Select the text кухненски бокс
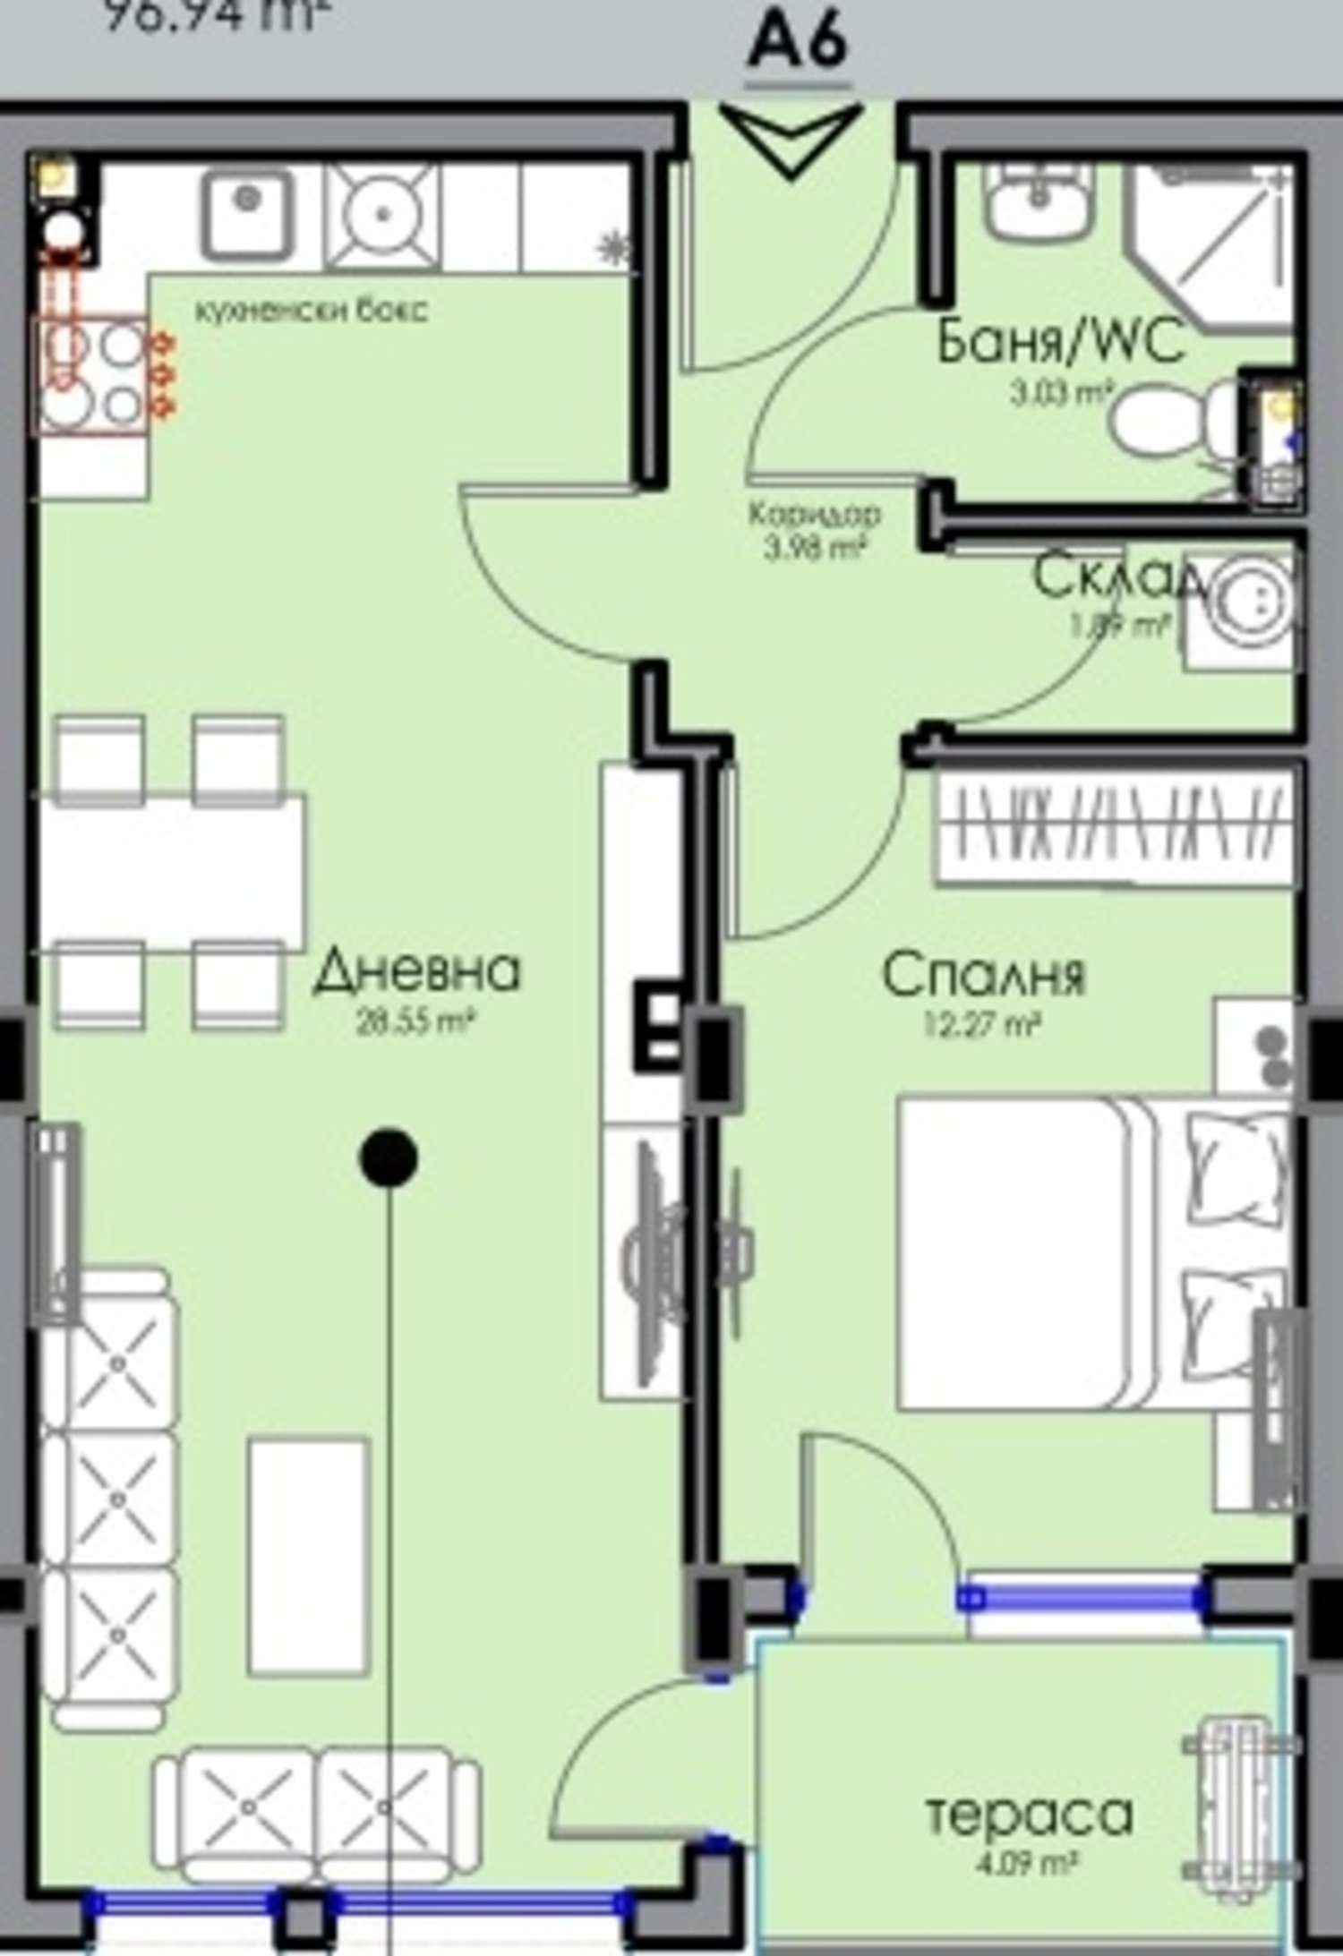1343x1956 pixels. [x=312, y=311]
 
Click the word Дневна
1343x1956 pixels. [x=416, y=971]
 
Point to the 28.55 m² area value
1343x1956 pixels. [x=414, y=1021]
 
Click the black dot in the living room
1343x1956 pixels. [x=388, y=1157]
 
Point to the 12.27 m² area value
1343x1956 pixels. [x=982, y=1024]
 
